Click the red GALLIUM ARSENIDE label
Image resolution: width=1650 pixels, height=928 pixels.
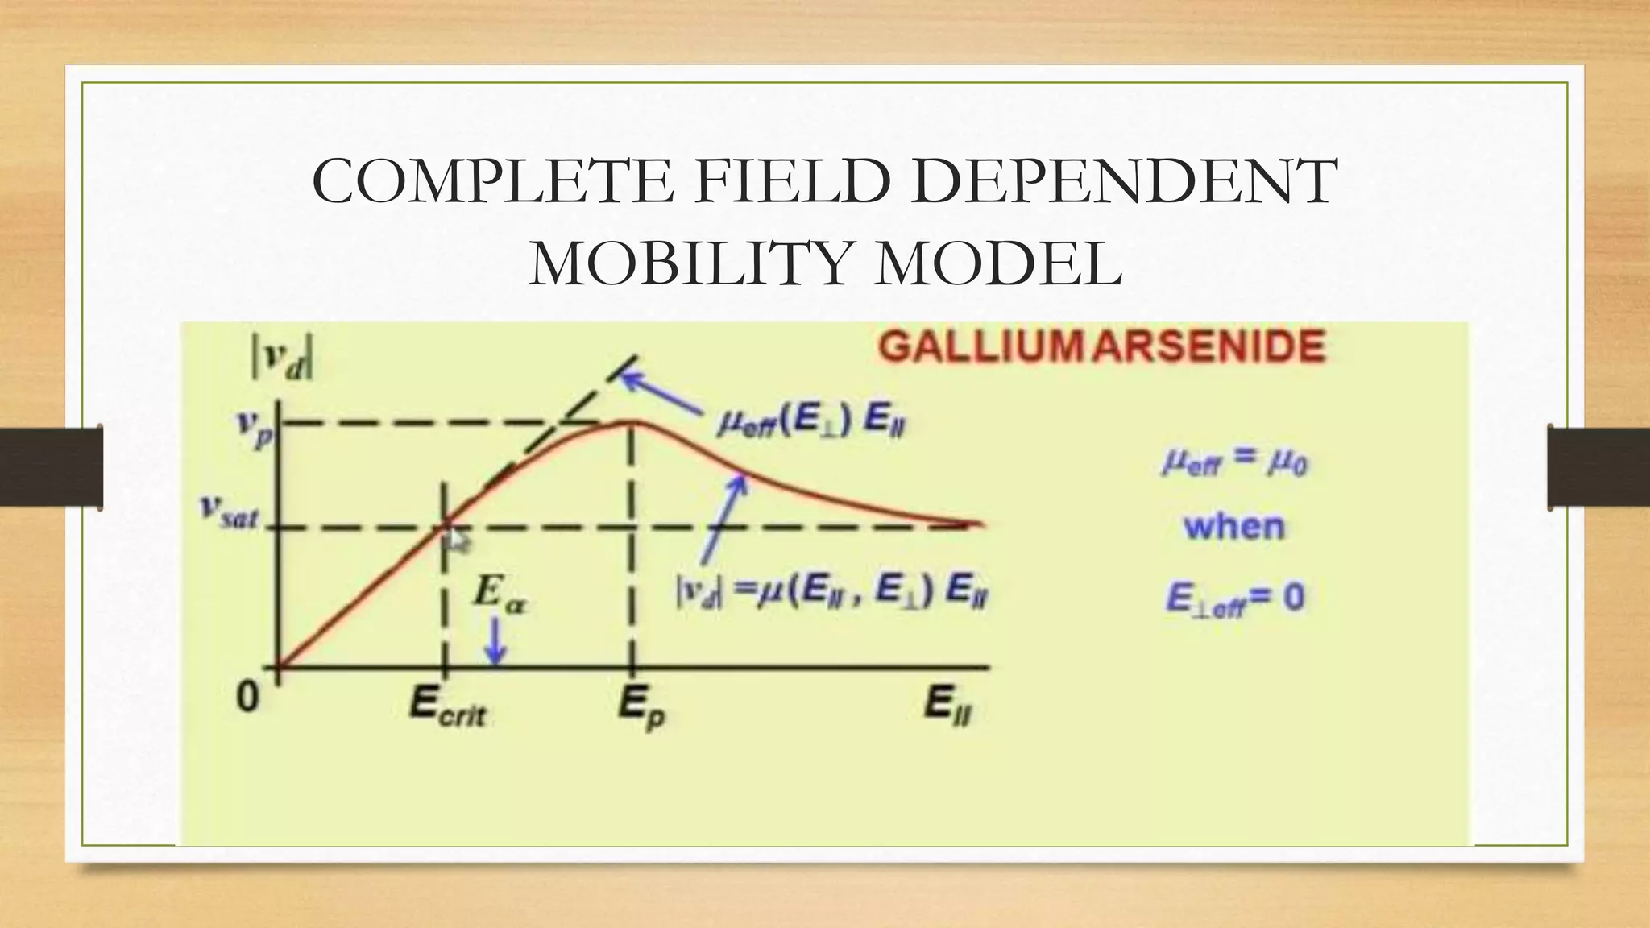point(1101,348)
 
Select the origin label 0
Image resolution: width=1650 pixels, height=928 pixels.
point(247,697)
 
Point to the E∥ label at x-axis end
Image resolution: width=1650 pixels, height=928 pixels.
point(950,706)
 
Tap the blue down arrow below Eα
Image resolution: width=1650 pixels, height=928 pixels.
point(497,645)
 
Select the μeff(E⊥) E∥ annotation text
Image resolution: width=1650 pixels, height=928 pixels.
point(810,423)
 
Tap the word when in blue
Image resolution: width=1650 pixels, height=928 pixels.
point(1234,527)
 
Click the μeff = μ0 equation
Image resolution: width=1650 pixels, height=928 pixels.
point(1234,463)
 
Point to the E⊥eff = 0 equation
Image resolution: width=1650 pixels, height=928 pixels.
point(1234,599)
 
